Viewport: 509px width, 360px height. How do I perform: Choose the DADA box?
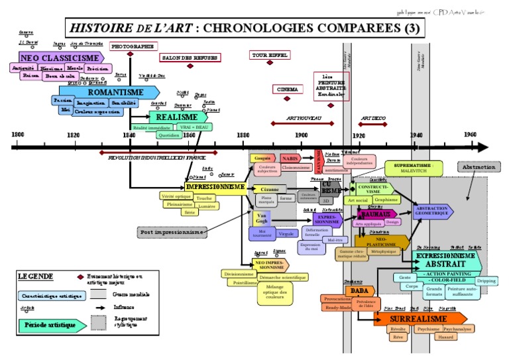tap(359, 290)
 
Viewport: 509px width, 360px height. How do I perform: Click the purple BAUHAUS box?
tap(375, 214)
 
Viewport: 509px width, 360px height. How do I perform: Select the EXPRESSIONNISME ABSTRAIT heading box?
tap(446, 259)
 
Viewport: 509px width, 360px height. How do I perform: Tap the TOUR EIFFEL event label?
tap(269, 55)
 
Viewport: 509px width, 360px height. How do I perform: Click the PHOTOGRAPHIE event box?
tap(133, 46)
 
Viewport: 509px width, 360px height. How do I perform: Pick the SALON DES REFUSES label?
tap(190, 58)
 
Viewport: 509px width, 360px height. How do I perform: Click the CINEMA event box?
tap(287, 89)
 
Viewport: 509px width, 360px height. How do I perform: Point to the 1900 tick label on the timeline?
tap(301, 135)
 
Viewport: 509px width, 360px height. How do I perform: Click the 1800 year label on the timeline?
tap(18, 135)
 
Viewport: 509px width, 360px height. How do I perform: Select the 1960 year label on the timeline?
tap(470, 135)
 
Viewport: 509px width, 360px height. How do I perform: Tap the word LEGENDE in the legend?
tap(36, 276)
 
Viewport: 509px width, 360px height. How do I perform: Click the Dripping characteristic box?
tap(486, 280)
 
